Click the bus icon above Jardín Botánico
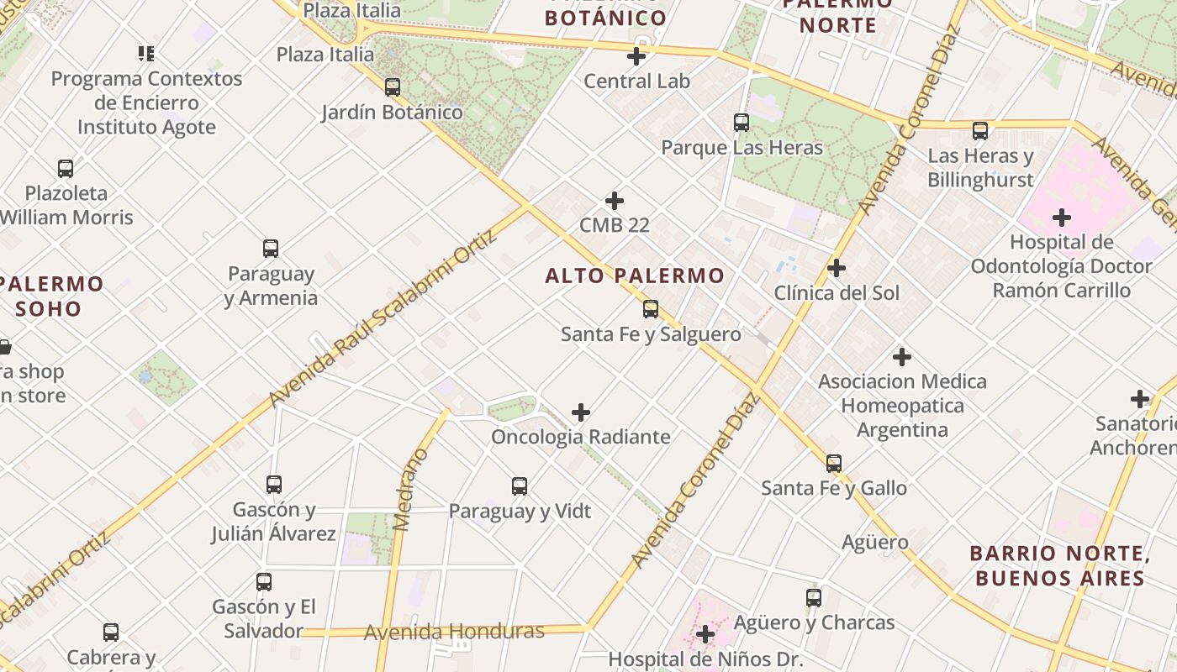pyautogui.click(x=392, y=87)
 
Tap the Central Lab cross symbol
pyautogui.click(x=637, y=56)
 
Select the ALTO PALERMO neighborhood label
pyautogui.click(x=635, y=276)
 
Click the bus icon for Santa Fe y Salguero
pyautogui.click(x=651, y=308)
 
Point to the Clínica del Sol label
pyautogui.click(x=837, y=293)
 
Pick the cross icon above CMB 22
pyautogui.click(x=615, y=201)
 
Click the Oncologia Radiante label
pyautogui.click(x=581, y=437)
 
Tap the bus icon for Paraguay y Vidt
pyautogui.click(x=520, y=486)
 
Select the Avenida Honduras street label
pyautogui.click(x=454, y=632)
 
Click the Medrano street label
pyautogui.click(x=411, y=490)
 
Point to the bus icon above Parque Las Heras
pyautogui.click(x=742, y=123)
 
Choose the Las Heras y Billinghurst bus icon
pyautogui.click(x=980, y=131)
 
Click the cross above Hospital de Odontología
pyautogui.click(x=1062, y=218)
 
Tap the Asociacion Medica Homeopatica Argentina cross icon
pyautogui.click(x=902, y=357)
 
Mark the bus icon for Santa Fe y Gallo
pyautogui.click(x=834, y=463)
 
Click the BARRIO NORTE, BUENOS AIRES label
pyautogui.click(x=1059, y=565)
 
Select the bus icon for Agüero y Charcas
pyautogui.click(x=814, y=597)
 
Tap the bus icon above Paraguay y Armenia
pyautogui.click(x=271, y=249)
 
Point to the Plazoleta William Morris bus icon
pyautogui.click(x=66, y=168)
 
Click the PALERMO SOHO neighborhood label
pyautogui.click(x=50, y=296)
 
